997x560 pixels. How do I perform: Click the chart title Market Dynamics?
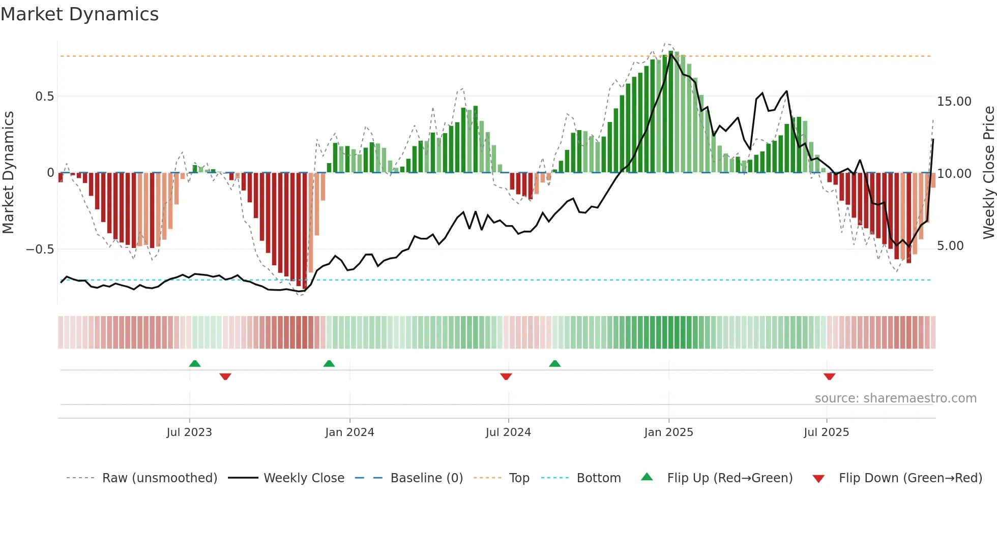79,14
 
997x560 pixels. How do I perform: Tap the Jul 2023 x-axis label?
189,432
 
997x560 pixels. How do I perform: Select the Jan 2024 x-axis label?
349,432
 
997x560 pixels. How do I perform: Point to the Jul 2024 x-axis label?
508,432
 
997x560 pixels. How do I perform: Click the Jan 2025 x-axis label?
668,432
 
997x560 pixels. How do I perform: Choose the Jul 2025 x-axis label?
827,432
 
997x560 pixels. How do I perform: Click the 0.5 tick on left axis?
44,97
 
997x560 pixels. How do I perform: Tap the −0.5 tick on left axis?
40,250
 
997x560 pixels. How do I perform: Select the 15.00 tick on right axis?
954,102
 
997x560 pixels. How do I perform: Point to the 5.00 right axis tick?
950,246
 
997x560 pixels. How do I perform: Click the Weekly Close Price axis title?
988,173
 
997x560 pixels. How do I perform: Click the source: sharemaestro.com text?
895,398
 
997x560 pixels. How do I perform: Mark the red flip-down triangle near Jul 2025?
829,377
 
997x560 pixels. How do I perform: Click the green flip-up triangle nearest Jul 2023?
195,363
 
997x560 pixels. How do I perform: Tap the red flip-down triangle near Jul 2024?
506,377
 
